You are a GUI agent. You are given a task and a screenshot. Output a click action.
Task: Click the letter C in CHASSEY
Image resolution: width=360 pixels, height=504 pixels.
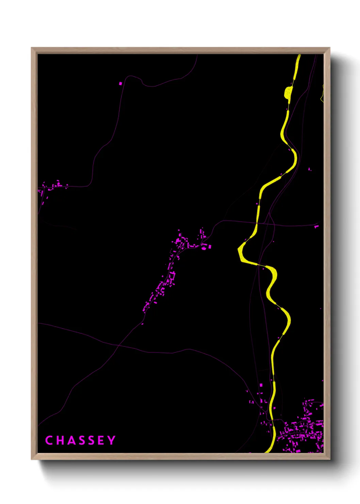pos(49,440)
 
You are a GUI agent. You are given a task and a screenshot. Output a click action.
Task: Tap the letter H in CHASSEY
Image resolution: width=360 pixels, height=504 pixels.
pos(59,440)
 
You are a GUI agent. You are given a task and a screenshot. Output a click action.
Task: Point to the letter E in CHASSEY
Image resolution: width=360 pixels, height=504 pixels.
pos(101,440)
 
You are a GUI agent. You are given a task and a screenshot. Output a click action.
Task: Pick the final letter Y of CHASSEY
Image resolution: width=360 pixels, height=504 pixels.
pos(112,440)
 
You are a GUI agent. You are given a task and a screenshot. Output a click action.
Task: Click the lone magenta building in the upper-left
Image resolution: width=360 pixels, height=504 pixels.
pos(120,83)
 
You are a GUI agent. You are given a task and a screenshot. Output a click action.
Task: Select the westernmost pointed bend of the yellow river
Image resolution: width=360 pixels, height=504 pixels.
pos(239,250)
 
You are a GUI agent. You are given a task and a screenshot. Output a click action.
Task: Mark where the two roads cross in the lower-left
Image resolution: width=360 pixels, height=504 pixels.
pos(118,345)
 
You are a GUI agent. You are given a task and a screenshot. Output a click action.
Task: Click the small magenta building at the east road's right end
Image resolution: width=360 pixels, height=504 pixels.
pos(316,226)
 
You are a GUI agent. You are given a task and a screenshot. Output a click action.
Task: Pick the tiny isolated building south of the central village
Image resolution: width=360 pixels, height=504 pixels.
pos(142,324)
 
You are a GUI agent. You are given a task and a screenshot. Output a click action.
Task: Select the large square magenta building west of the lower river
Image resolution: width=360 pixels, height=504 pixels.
pos(261,385)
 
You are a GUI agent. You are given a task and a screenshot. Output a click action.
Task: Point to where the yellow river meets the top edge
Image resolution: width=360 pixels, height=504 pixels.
pos(299,55)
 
